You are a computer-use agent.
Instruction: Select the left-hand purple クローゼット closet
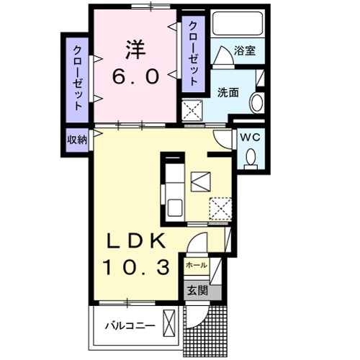[x=76, y=76]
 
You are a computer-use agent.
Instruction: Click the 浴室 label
[x=246, y=52]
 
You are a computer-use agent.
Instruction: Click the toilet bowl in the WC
[x=251, y=156]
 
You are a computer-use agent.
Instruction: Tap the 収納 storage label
[x=76, y=140]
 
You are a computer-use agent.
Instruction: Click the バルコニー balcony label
[x=130, y=325]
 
